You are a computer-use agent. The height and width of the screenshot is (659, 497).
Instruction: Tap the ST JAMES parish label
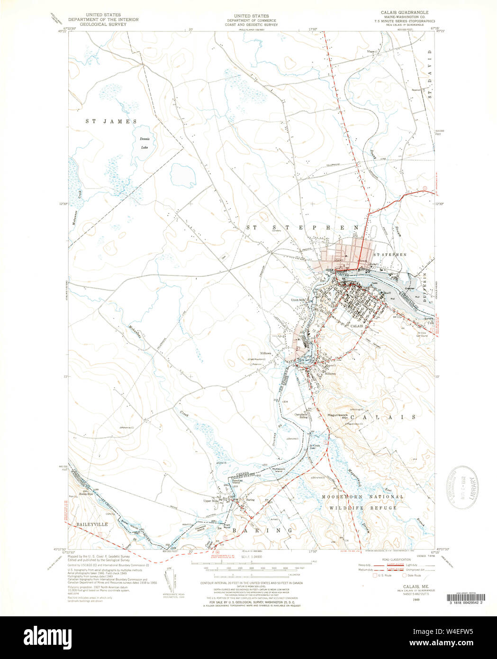(111, 121)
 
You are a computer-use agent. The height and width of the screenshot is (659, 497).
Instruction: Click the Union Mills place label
(299, 300)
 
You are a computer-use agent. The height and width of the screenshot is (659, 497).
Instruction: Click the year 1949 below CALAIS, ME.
(402, 600)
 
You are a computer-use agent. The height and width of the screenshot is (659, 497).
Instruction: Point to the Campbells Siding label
(301, 416)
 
